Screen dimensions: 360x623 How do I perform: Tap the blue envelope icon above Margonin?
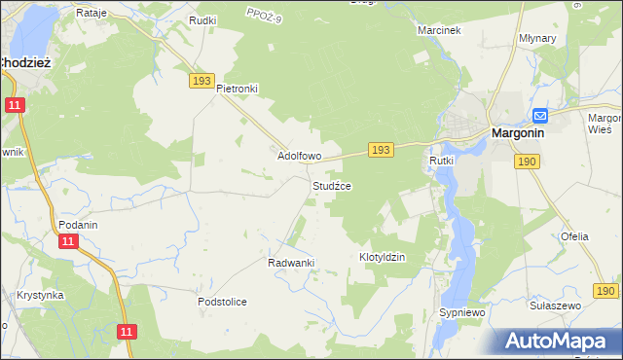pos(539,115)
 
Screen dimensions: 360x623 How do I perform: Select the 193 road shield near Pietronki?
pos(202,82)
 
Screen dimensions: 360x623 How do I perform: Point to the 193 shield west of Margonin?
pos(381,149)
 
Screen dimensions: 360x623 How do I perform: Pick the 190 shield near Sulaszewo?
pos(605,290)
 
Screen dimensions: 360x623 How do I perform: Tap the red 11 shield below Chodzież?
pos(15,105)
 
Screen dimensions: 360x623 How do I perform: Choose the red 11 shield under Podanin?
pos(67,240)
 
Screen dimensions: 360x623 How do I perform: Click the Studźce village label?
pos(331,185)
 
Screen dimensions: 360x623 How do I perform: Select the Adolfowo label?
pos(300,155)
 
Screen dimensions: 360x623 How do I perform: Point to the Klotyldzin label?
pos(382,257)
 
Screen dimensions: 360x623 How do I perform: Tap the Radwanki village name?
pos(290,263)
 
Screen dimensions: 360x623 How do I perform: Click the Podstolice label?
pos(222,302)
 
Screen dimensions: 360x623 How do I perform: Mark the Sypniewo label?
pos(462,312)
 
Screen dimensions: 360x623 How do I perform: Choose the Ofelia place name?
pos(574,236)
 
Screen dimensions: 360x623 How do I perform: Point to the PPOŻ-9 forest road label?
pos(264,16)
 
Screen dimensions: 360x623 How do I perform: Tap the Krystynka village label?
pos(40,295)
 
